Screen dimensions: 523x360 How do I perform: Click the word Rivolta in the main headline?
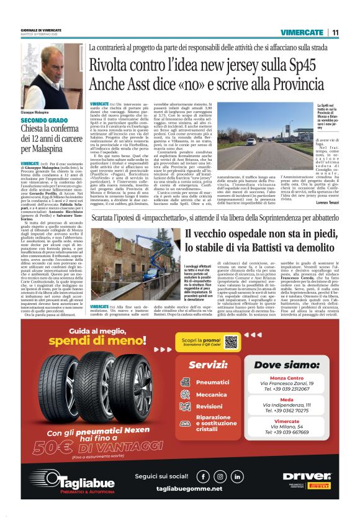(114, 65)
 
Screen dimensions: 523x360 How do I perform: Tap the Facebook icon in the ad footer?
(202, 476)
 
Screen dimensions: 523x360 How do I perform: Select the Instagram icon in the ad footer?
(220, 476)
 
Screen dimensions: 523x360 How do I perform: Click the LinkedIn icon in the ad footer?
(237, 476)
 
